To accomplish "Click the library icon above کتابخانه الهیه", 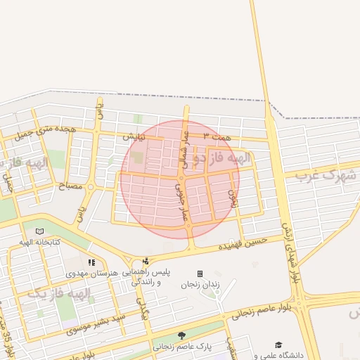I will point(40,231).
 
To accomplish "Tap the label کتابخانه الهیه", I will point(40,242).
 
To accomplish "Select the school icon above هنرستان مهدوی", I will point(91,262).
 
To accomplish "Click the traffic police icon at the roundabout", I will point(146,261).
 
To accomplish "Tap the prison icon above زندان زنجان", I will point(200,274).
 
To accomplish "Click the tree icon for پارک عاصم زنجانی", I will point(183,335).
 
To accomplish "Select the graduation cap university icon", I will point(278,345).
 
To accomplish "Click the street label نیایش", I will point(136,136).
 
